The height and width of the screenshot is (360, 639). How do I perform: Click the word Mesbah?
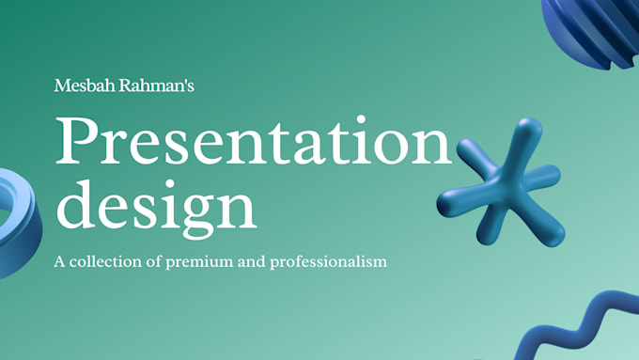point(80,86)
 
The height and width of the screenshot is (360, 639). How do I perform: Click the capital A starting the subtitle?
point(61,260)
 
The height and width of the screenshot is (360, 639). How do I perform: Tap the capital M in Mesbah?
point(63,86)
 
